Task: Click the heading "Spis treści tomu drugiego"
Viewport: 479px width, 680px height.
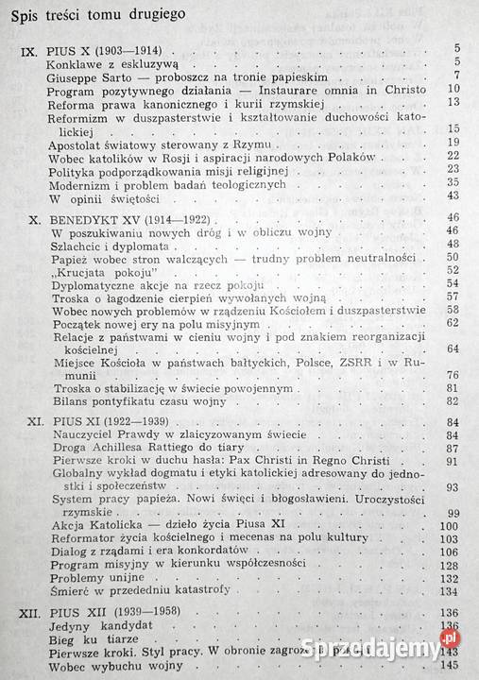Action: click(x=93, y=14)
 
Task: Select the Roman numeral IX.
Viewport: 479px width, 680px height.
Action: click(x=22, y=47)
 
